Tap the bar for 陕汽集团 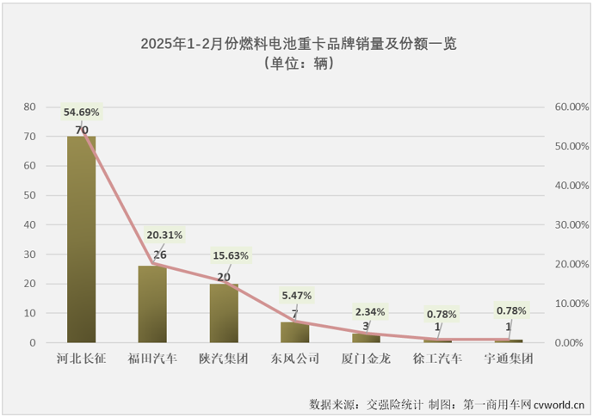tap(224, 313)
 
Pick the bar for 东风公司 tap(294, 332)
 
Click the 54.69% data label tap(82, 112)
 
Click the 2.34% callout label tap(368, 311)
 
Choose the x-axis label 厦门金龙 tap(366, 357)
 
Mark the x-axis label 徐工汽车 tap(436, 357)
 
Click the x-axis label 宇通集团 tap(508, 357)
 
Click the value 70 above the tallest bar tap(82, 131)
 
